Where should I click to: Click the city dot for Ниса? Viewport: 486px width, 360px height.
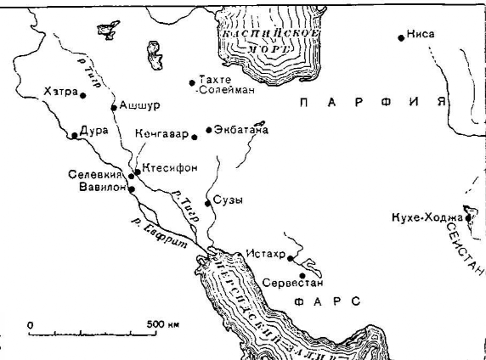pos(400,37)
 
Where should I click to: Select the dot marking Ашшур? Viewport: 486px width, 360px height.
pos(113,108)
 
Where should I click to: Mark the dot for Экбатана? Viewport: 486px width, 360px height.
pos(208,131)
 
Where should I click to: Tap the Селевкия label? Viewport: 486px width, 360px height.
pos(91,175)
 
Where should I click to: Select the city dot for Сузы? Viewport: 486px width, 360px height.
pos(208,201)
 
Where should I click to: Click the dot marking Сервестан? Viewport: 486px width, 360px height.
pos(302,274)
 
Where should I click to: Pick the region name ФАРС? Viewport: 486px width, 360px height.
pos(327,301)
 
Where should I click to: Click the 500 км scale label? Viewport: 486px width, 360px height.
pos(162,324)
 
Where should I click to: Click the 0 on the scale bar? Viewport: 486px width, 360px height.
pos(30,324)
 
